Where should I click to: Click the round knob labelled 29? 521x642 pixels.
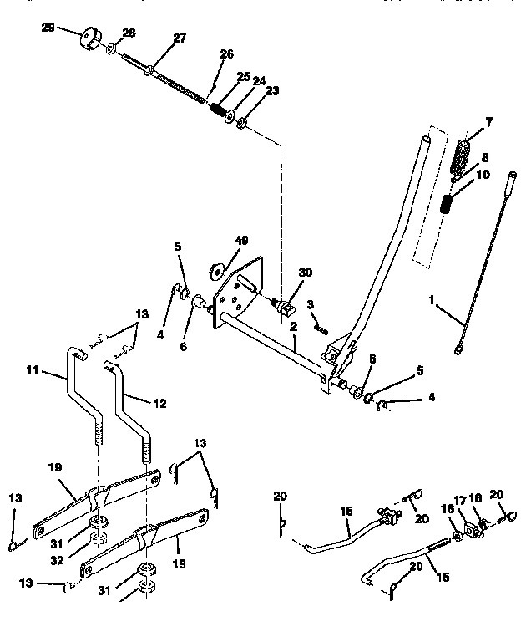tap(87, 40)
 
